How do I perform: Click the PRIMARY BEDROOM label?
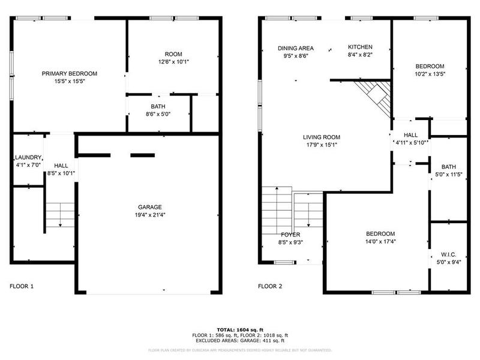pyautogui.click(x=69, y=74)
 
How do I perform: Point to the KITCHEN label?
pyautogui.click(x=361, y=47)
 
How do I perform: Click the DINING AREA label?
pyautogui.click(x=295, y=47)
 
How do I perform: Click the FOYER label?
pyautogui.click(x=290, y=235)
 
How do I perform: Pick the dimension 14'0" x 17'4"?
pyautogui.click(x=380, y=242)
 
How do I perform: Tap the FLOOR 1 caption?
pyautogui.click(x=22, y=287)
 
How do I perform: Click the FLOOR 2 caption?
pyautogui.click(x=270, y=287)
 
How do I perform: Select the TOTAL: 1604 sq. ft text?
pyautogui.click(x=239, y=330)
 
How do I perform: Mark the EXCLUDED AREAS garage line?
pyautogui.click(x=239, y=340)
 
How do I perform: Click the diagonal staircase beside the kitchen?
pyautogui.click(x=373, y=96)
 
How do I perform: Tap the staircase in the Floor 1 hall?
pyautogui.click(x=60, y=215)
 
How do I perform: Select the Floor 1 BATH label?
pyautogui.click(x=158, y=106)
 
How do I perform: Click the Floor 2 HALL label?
pyautogui.click(x=410, y=135)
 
